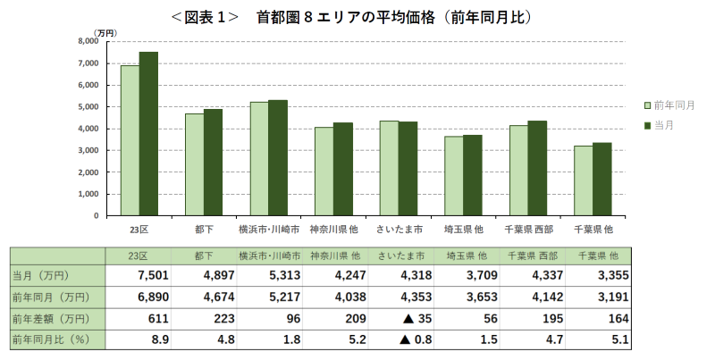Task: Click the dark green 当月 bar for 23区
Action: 148,134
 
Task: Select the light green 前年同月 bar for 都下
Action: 194,164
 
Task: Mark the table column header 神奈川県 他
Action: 334,255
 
